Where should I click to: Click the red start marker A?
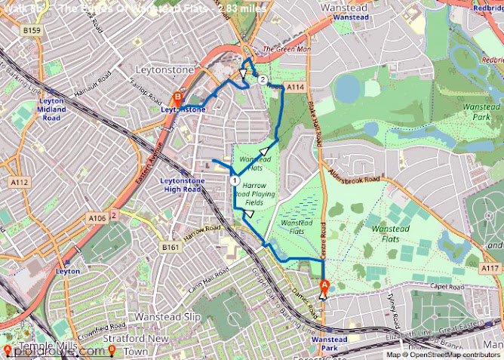[325, 285]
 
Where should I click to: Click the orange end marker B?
[177, 97]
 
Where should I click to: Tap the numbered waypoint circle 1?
[235, 181]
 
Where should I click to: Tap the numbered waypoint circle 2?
[263, 79]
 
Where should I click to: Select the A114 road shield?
[295, 88]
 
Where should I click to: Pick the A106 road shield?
[97, 218]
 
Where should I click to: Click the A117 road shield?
[490, 268]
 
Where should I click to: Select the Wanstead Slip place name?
[167, 317]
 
